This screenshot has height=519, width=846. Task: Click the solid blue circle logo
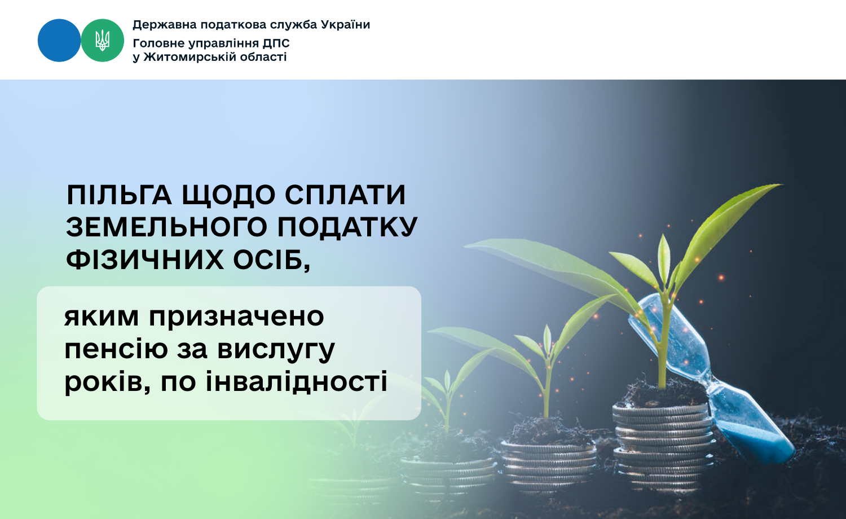[x=59, y=41]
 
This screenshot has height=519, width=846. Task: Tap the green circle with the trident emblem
[x=102, y=41]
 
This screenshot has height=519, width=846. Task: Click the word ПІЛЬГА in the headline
[x=119, y=195]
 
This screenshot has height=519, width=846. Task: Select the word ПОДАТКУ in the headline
[x=347, y=227]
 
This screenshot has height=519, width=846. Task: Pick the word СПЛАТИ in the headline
[x=345, y=195]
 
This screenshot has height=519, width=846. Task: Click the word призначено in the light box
[x=236, y=318]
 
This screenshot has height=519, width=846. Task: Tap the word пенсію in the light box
[x=116, y=349]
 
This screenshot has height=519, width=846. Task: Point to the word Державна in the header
[x=165, y=25]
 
